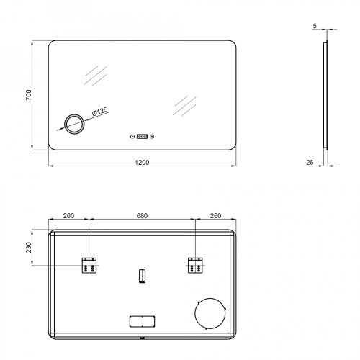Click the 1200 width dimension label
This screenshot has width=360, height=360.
click(142, 163)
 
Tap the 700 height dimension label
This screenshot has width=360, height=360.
click(29, 95)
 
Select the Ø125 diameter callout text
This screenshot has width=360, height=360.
click(100, 112)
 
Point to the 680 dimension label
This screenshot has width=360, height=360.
click(142, 216)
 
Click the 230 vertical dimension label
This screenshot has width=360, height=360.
click(29, 248)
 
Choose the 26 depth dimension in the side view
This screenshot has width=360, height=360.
click(310, 163)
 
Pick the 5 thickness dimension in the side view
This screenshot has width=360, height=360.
click(315, 26)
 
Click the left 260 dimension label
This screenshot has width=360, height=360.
click(68, 216)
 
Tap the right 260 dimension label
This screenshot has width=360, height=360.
click(215, 216)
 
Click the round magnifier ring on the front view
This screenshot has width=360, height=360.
click(74, 114)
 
